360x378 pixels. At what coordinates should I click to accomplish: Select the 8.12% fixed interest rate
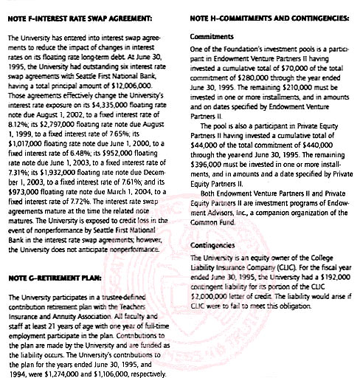coord(18,123)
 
